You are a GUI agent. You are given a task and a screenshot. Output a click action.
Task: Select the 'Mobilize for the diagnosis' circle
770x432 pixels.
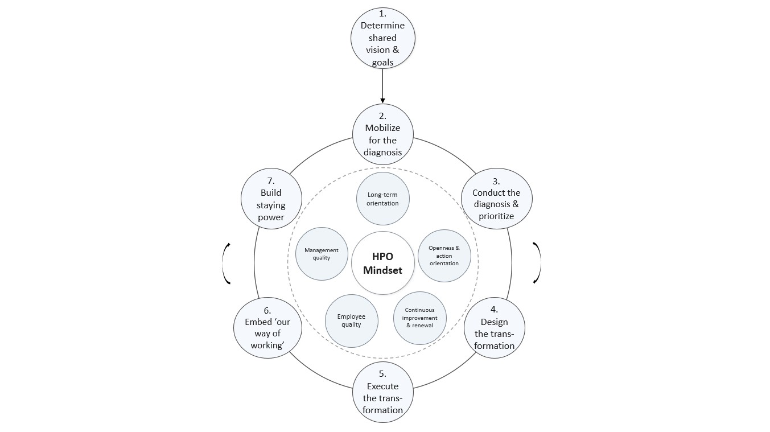click(382, 134)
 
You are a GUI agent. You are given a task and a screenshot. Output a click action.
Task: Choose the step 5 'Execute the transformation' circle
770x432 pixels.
click(382, 392)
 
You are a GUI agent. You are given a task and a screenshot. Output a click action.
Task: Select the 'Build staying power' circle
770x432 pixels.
click(271, 199)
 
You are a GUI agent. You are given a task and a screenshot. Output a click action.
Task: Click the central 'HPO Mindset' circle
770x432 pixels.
click(382, 263)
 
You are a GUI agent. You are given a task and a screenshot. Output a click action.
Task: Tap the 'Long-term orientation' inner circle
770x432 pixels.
click(382, 199)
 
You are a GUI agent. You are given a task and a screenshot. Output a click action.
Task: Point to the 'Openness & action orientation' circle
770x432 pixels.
click(444, 255)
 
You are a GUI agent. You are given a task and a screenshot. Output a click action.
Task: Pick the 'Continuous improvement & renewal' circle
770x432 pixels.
click(420, 318)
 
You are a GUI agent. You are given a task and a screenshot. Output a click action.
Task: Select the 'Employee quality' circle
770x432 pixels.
click(351, 320)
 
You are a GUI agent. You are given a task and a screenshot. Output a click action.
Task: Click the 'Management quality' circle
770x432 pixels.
click(322, 254)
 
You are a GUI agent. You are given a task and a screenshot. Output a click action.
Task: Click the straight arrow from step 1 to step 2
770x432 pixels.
click(382, 85)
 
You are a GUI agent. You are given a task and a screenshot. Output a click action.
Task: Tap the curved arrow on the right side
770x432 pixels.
click(537, 263)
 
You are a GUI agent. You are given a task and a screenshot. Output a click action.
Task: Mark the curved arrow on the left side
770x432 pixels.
click(227, 263)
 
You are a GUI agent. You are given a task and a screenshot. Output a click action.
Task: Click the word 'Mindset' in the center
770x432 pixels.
click(382, 270)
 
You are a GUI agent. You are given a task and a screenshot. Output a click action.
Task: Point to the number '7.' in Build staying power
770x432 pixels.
click(271, 180)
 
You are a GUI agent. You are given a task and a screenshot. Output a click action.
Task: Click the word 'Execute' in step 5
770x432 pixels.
click(382, 386)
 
